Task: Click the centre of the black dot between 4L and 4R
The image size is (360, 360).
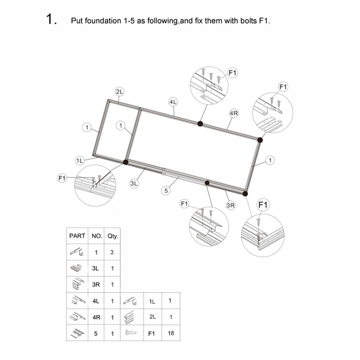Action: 200,124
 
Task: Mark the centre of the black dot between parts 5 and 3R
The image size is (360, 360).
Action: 207,183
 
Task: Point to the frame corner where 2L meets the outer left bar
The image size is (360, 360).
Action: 108,101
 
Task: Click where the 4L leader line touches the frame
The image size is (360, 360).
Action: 174,116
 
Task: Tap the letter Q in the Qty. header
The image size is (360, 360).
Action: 110,236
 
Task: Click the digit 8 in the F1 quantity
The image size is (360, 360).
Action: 172,333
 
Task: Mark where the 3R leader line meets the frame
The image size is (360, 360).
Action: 226,191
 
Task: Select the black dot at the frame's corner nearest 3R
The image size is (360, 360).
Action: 245,194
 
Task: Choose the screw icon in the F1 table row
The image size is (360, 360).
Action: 131,332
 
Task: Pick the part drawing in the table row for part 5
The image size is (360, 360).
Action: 77,333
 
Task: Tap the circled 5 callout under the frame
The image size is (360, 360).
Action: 166,191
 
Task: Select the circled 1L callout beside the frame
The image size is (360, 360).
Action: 79,161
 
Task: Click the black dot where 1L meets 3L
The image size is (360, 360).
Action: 126,162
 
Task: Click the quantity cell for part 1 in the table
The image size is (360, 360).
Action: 112,252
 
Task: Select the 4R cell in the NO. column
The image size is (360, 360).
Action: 96,317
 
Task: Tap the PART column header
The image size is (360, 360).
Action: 77,236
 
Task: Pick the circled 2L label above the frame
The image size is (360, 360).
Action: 119,92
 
